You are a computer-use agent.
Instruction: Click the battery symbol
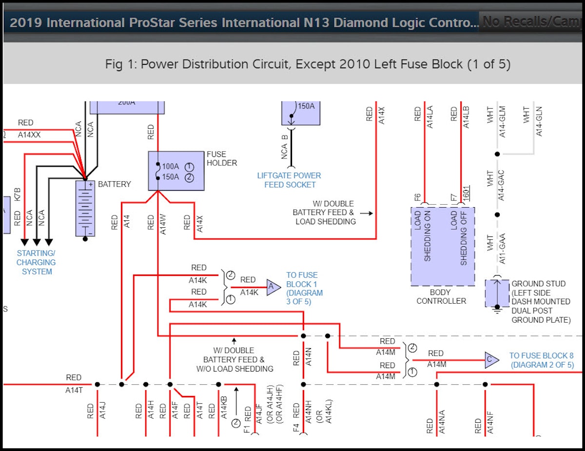coord(85,208)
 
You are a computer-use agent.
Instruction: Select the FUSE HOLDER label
coord(222,158)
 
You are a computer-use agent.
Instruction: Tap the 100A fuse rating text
coord(170,166)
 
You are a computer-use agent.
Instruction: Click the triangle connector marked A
coord(273,288)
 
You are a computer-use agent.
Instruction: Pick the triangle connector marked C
coord(491,360)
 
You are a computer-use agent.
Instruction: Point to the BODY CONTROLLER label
coord(441,296)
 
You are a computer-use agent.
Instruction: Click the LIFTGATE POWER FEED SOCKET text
coord(290,180)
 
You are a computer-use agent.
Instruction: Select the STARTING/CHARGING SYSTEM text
coord(36,262)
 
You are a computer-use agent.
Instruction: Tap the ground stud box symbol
coord(497,293)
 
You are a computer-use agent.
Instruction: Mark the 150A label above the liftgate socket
coord(306,106)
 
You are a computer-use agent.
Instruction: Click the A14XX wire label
coord(29,135)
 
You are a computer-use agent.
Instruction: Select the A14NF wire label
coord(490,422)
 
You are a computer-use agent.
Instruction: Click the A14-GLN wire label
coord(539,121)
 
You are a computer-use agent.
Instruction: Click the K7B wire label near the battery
coord(18,194)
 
